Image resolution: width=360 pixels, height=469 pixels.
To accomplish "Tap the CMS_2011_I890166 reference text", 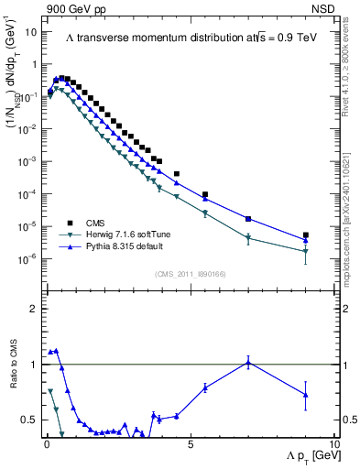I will tap(189, 274).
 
